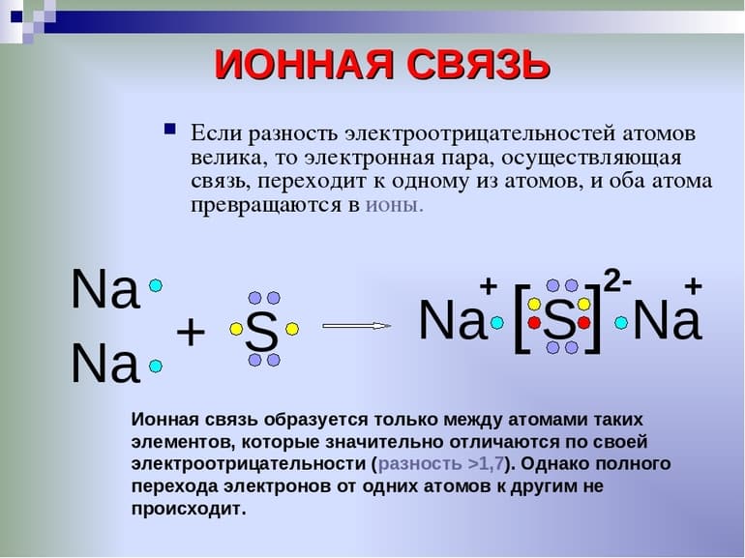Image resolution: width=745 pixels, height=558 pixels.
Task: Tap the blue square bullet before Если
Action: (170, 129)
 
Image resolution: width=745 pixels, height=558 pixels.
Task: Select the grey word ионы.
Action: (394, 204)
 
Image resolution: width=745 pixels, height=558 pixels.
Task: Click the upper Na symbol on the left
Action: (105, 288)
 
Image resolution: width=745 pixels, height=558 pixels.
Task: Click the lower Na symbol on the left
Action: (105, 367)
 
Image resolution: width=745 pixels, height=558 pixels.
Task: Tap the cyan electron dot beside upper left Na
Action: (156, 286)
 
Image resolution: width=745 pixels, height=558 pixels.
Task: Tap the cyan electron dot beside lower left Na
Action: (156, 367)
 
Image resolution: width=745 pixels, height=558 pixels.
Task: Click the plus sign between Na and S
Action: (192, 333)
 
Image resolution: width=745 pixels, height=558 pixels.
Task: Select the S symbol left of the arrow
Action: (261, 333)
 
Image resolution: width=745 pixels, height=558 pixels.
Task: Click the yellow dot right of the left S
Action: (292, 329)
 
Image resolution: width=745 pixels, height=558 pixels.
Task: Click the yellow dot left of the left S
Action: (235, 329)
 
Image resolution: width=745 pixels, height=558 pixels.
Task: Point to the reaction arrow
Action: (355, 326)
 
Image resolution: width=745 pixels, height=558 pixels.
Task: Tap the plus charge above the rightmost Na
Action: (693, 285)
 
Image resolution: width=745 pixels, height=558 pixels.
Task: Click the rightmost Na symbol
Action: (667, 322)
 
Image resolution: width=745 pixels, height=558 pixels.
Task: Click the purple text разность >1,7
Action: (439, 463)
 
